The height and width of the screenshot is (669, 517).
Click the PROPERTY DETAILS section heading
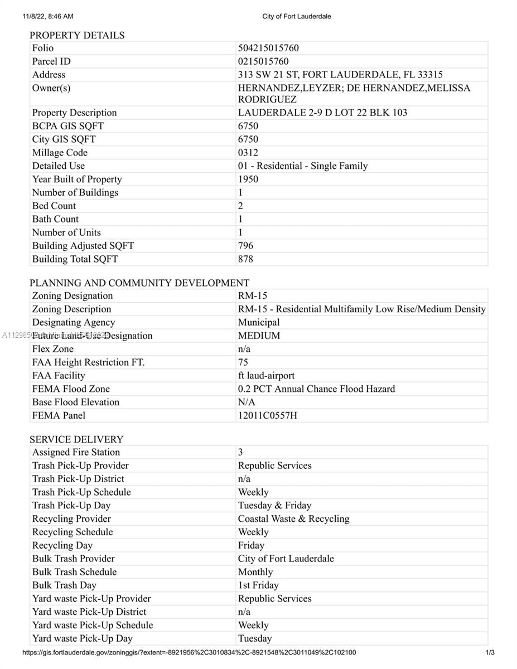(x=77, y=35)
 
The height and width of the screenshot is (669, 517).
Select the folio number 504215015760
(x=268, y=48)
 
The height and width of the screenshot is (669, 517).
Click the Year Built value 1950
(x=248, y=179)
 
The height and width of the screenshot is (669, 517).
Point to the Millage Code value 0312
(x=248, y=152)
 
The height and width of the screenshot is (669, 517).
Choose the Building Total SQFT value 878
(x=245, y=259)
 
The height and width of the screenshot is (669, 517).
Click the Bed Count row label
(x=54, y=206)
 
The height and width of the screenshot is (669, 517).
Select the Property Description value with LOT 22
(x=322, y=113)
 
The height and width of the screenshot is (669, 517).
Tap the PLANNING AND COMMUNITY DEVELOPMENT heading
(x=139, y=283)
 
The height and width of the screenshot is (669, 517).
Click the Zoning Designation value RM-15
(x=253, y=295)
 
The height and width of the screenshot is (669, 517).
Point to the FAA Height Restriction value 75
(x=243, y=362)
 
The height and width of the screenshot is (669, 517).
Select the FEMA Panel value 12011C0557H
(x=268, y=415)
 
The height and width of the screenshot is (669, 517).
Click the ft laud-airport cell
(x=266, y=376)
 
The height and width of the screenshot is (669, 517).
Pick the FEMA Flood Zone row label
(x=71, y=389)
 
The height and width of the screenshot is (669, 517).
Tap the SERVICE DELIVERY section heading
(x=76, y=439)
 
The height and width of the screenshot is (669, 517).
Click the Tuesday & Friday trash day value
(x=274, y=506)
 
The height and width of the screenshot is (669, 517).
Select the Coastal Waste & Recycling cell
(x=293, y=519)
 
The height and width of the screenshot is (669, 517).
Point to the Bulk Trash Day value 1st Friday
(x=258, y=585)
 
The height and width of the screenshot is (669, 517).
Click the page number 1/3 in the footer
(x=490, y=653)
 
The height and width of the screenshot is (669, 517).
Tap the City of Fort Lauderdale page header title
(x=297, y=17)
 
